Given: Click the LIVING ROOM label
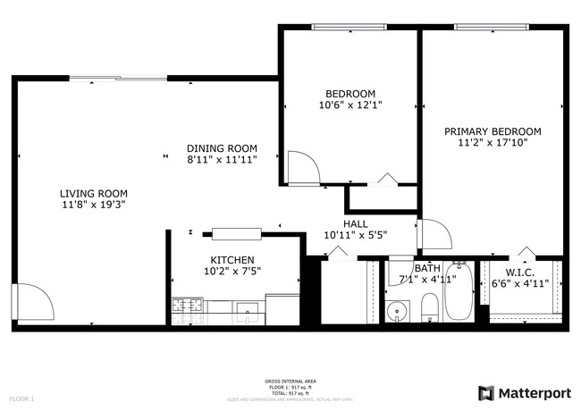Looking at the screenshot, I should point(93,194).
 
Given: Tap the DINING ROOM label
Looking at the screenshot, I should point(222,148).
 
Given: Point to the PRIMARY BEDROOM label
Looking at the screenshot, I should point(493,130).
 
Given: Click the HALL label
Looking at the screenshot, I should point(356,224).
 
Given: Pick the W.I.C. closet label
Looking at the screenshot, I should point(518,272).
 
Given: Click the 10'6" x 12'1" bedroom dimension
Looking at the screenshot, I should point(350,105).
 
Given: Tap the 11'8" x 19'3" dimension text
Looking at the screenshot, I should point(93,205).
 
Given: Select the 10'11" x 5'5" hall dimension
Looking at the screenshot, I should point(356,235).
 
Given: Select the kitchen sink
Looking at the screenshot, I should point(247,310).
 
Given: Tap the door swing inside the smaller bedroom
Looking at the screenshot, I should point(299,166).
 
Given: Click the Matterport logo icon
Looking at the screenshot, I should point(487,392).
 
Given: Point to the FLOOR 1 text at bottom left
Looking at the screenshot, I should point(21,398).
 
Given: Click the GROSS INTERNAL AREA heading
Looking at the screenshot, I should point(290,381).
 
